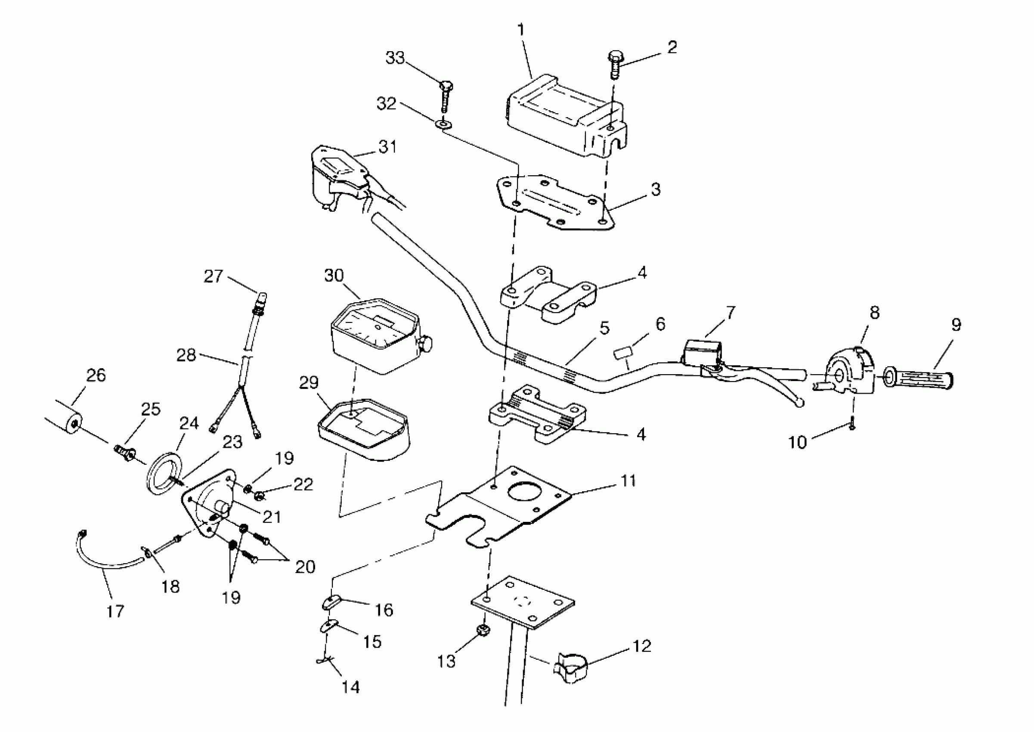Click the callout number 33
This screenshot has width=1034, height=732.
(395, 58)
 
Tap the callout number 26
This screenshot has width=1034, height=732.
(96, 375)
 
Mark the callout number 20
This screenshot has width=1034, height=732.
(305, 566)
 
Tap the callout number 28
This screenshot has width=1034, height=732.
(186, 355)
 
